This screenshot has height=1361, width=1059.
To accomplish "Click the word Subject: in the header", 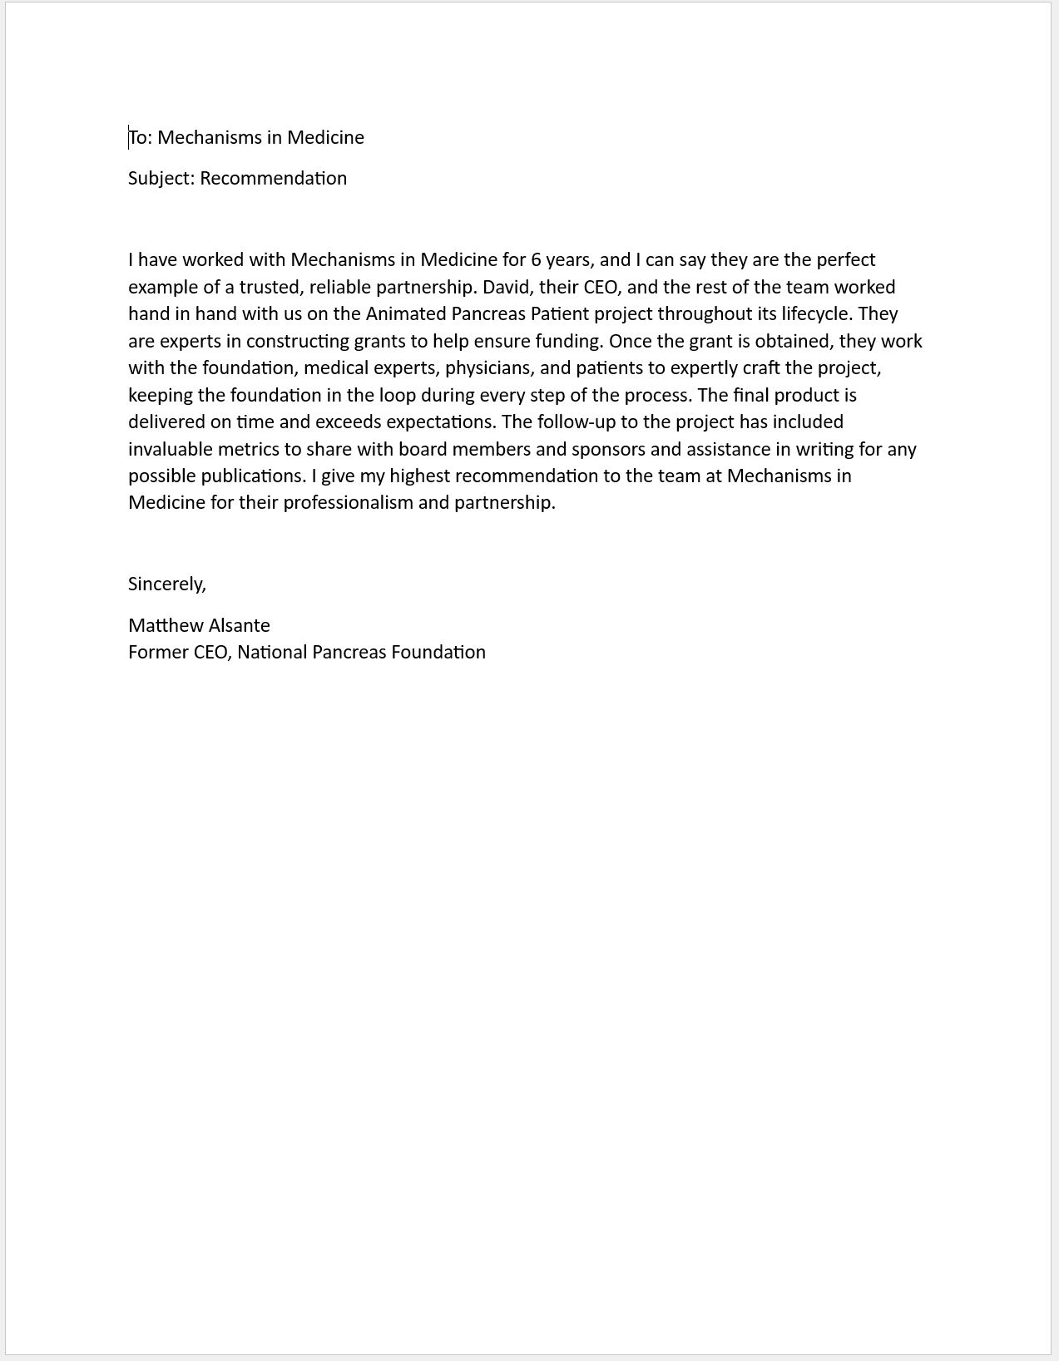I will pyautogui.click(x=161, y=179).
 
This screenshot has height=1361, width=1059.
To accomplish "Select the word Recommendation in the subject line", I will pyautogui.click(x=273, y=179).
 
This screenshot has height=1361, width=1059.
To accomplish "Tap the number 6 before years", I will pyautogui.click(x=536, y=260).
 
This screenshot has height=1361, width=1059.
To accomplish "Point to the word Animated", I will pyautogui.click(x=406, y=314).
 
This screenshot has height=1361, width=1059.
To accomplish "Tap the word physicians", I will pyautogui.click(x=489, y=368).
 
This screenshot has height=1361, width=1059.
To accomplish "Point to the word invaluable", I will pyautogui.click(x=170, y=450).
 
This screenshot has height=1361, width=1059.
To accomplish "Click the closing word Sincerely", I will pyautogui.click(x=166, y=584).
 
